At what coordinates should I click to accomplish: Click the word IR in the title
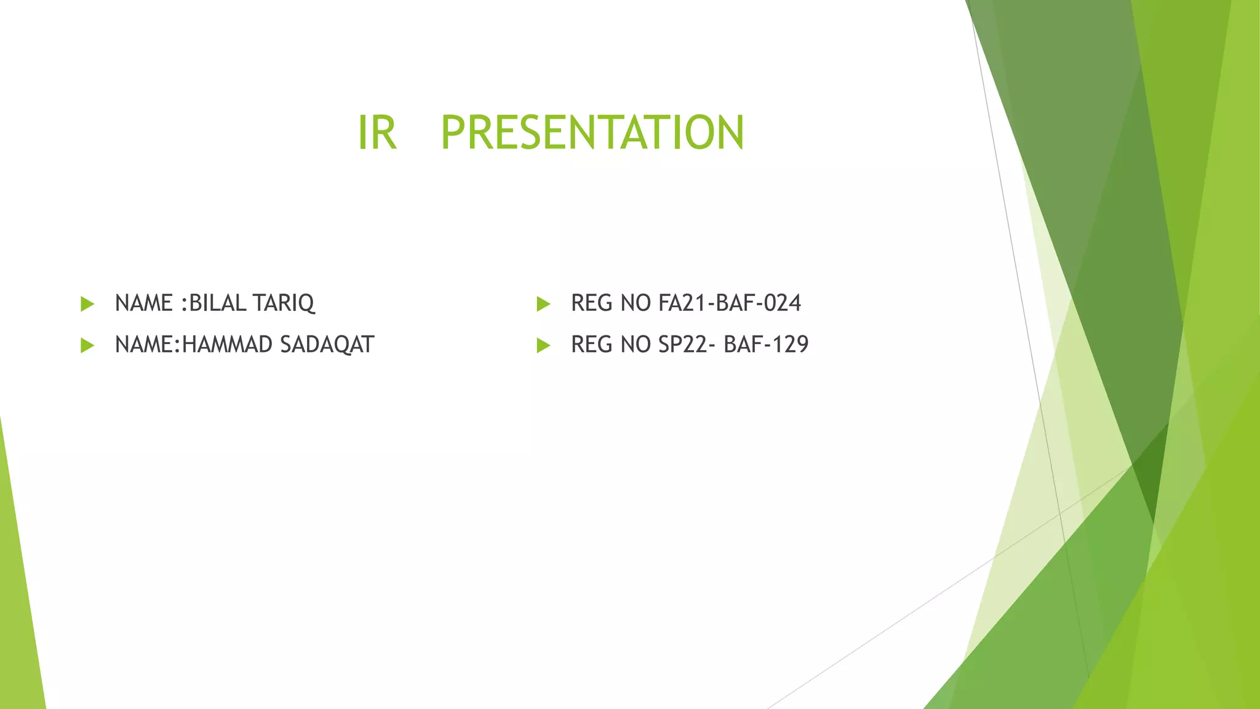coord(377,133)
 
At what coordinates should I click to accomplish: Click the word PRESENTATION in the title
coord(592,133)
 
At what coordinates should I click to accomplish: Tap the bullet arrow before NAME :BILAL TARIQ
coord(87,303)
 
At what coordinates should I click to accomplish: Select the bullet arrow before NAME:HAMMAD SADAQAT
coord(87,345)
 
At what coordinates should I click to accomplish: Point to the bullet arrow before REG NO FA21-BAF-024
coord(543,303)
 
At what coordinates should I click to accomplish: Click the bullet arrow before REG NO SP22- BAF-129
coord(543,345)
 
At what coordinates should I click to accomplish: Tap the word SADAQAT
coord(327,345)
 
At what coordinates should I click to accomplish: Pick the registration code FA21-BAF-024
coord(730,303)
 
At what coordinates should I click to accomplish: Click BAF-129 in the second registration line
coord(766,345)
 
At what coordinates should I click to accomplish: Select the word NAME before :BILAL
coord(144,303)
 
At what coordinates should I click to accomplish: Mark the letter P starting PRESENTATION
coord(455,133)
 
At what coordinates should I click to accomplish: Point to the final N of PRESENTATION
coord(729,133)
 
